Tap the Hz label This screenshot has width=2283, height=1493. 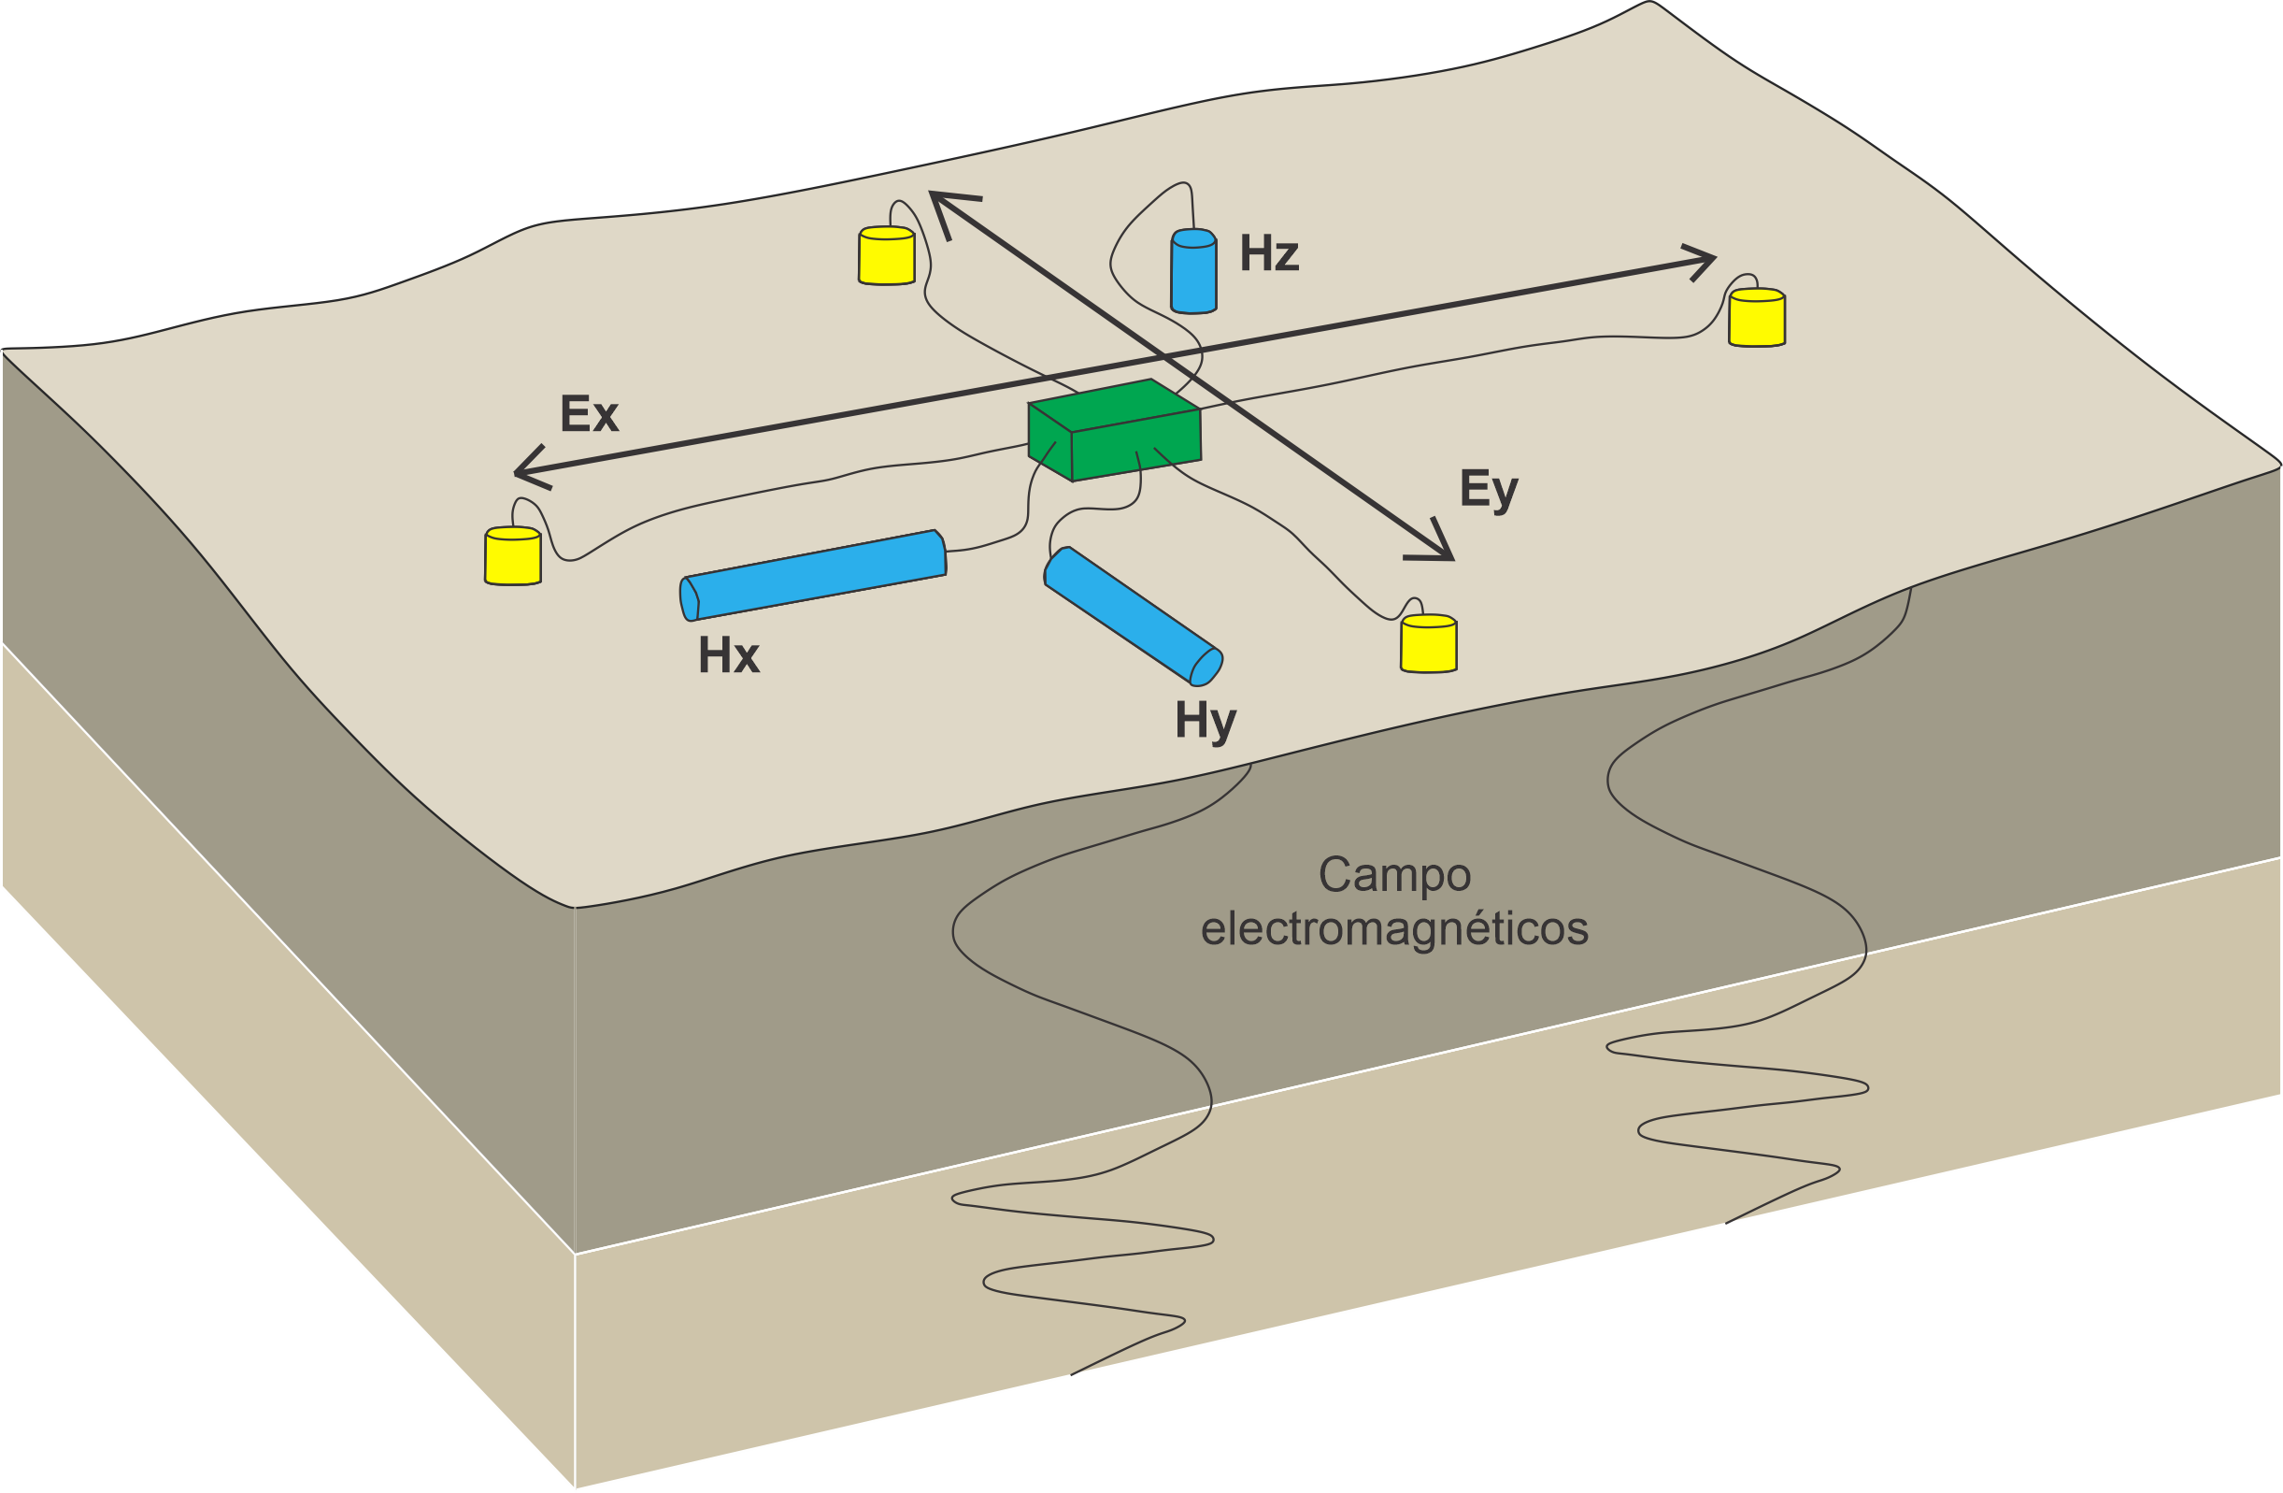1269,253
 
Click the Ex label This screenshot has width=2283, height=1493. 589,413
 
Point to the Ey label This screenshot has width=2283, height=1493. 1488,489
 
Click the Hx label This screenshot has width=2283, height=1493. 728,655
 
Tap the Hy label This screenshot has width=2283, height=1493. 1206,721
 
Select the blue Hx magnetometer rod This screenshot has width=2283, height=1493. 813,575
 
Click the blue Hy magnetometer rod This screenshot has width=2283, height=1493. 1132,615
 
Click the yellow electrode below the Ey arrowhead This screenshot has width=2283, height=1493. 1428,644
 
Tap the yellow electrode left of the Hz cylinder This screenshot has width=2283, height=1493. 886,256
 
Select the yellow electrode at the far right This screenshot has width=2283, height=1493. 1756,318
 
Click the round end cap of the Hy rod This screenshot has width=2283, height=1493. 1206,667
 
